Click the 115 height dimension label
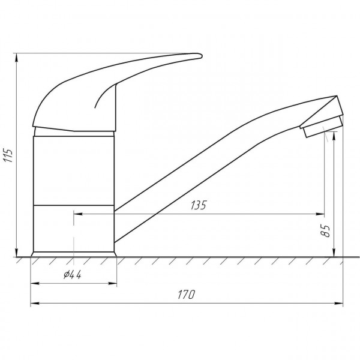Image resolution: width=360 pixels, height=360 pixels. (8, 155)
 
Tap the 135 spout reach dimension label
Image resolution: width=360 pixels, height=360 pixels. (199, 205)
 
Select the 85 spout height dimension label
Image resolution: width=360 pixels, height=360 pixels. (325, 231)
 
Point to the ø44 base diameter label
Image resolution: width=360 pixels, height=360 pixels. (73, 274)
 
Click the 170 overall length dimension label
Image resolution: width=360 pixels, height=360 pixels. (187, 295)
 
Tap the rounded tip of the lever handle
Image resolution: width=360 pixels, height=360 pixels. (200, 56)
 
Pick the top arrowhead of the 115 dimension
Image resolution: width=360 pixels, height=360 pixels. (16, 58)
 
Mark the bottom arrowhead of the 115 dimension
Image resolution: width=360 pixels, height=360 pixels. (16, 253)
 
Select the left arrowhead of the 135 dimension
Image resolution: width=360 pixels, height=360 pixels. (78, 214)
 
